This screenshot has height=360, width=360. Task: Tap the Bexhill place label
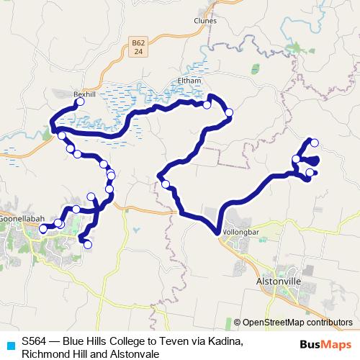84,94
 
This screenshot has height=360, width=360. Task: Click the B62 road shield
139,44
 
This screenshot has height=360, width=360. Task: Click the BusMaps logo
328,344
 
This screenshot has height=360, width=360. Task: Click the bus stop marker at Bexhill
80,102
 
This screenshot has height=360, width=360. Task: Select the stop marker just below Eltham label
207,105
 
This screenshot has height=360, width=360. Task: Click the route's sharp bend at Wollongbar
216,231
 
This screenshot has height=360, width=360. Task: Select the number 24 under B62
138,52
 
